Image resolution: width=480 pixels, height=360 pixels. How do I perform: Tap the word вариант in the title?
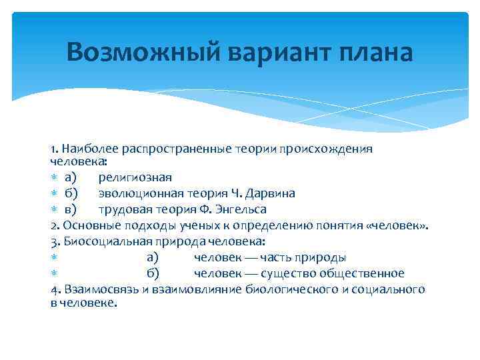pyautogui.click(x=263, y=52)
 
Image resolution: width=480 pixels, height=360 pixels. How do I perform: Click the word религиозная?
pyautogui.click(x=135, y=177)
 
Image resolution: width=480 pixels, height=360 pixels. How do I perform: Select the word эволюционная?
pyautogui.click(x=139, y=193)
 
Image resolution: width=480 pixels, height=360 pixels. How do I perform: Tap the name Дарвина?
pyautogui.click(x=271, y=193)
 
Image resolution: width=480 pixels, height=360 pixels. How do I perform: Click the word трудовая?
pyautogui.click(x=124, y=209)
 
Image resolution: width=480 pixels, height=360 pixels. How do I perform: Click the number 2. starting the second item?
pyautogui.click(x=54, y=225)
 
